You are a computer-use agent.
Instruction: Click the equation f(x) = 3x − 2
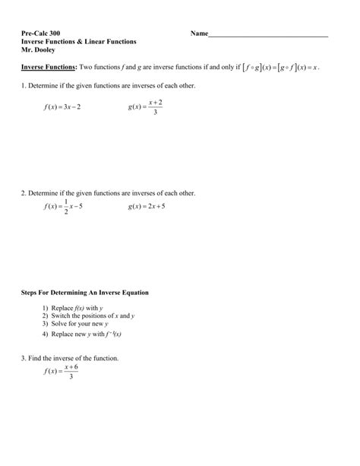(x=62, y=107)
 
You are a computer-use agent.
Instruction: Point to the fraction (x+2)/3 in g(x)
(x=155, y=107)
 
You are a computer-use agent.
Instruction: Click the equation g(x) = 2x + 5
(x=147, y=207)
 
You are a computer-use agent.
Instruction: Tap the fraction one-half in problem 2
(x=66, y=207)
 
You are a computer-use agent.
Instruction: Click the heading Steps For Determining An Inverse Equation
(x=85, y=292)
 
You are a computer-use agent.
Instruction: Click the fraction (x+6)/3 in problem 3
(x=71, y=371)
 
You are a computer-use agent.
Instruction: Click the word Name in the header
(x=198, y=34)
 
